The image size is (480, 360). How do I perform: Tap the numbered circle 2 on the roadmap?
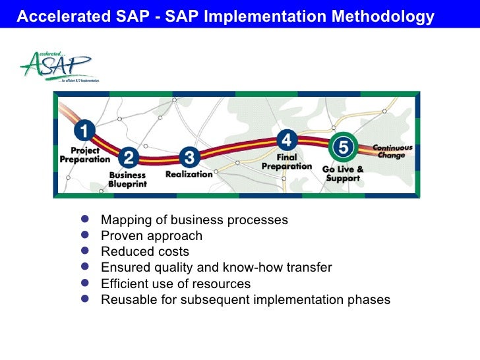pyautogui.click(x=129, y=157)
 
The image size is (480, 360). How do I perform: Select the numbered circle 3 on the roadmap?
pyautogui.click(x=189, y=157)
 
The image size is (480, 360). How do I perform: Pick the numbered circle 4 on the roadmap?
pyautogui.click(x=286, y=140)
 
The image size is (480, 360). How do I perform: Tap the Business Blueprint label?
pyautogui.click(x=128, y=180)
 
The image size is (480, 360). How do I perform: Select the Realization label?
pyautogui.click(x=189, y=174)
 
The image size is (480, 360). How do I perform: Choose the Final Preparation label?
pyautogui.click(x=287, y=162)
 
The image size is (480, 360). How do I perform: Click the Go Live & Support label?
pyautogui.click(x=343, y=173)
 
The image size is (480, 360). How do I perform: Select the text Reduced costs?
pyautogui.click(x=144, y=251)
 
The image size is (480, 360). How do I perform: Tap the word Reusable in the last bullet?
pyautogui.click(x=127, y=300)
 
